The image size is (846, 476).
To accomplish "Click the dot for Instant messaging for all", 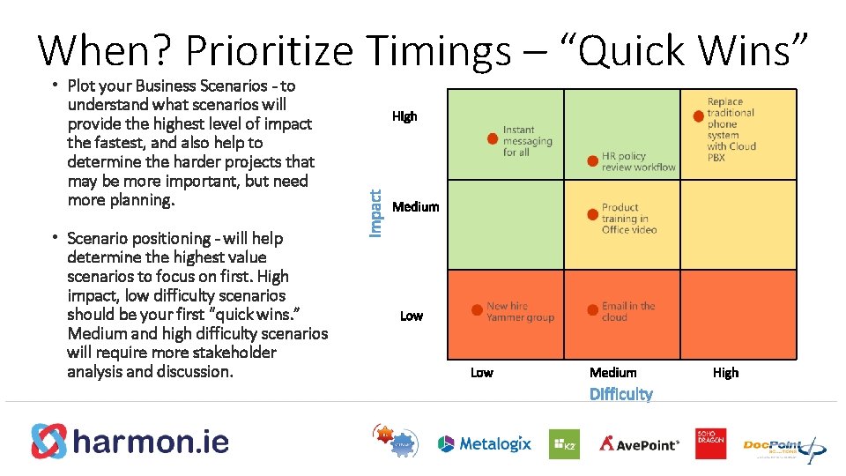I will (492, 139).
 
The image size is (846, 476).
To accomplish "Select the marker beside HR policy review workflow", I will (592, 160).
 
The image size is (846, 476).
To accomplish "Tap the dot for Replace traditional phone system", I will (698, 115).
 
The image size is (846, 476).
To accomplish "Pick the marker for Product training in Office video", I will (592, 214).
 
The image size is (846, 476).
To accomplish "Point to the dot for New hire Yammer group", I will (478, 310).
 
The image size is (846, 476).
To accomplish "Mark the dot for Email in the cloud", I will (592, 310).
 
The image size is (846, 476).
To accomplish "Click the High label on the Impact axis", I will (404, 115).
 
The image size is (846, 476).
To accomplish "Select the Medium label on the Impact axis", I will (415, 206).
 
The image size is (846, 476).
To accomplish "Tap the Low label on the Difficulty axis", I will (481, 372).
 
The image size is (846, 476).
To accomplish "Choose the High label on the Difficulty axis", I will (725, 372).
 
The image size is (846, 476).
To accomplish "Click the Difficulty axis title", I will (620, 394).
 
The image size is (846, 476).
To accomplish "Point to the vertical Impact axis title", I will (375, 203).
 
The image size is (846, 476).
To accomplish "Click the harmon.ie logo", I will (130, 441).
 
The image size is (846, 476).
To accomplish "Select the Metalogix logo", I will (485, 443).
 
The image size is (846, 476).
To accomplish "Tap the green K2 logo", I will (564, 443).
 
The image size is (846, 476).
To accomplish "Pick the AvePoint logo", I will (640, 443).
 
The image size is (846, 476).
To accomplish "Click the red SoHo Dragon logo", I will (710, 443).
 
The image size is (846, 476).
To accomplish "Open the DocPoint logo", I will (783, 445).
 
